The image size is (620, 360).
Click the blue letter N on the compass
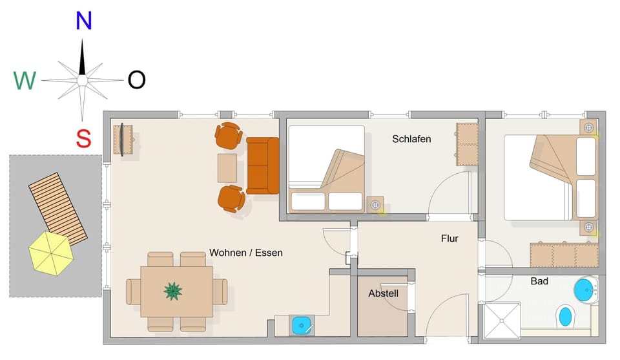(83, 21)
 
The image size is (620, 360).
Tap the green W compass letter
(25, 81)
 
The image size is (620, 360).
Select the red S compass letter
(83, 138)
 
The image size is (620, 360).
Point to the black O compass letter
(136, 80)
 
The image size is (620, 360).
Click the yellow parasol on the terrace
(51, 252)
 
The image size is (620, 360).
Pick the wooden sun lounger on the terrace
(58, 209)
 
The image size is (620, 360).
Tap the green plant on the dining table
(172, 291)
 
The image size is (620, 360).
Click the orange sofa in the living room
(262, 165)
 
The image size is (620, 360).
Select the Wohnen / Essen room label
(245, 253)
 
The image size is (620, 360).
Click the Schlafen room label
(411, 139)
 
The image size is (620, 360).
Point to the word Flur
(449, 238)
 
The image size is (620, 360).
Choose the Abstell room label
(383, 293)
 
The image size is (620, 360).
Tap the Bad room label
(539, 281)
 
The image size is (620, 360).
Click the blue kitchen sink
(302, 325)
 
